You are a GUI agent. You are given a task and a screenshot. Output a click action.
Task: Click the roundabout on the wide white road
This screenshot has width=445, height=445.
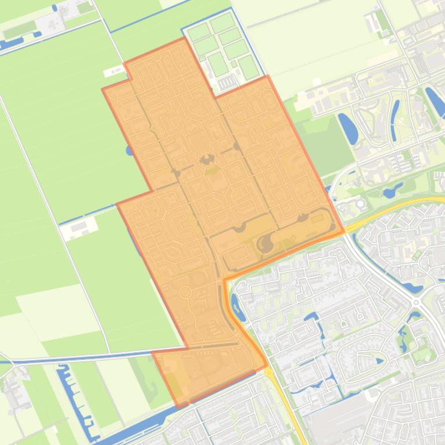(x=415, y=301)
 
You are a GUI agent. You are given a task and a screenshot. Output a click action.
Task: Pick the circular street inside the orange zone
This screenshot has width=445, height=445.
(x=185, y=292)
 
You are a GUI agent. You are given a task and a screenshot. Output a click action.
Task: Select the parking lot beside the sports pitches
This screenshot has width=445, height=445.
(x=227, y=81)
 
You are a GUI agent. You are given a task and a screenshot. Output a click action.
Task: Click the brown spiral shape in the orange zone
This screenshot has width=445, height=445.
(x=265, y=244)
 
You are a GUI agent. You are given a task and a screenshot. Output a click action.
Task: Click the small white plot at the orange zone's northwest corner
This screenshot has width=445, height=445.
(x=113, y=72)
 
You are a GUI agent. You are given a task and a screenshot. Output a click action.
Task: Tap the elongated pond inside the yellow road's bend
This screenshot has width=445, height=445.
(x=236, y=302)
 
